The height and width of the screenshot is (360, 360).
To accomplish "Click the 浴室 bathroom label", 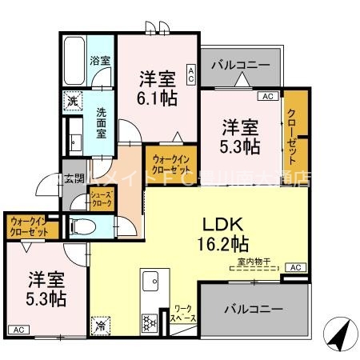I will tap(99, 61).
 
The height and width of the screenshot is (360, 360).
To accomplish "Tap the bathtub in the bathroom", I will tap(75, 60).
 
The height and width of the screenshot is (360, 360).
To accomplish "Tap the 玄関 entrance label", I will tap(74, 178).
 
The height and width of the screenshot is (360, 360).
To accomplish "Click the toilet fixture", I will tap(80, 226).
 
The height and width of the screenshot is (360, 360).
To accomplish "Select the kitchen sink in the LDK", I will tap(150, 281).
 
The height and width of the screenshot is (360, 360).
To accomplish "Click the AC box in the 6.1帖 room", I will tap(191, 74).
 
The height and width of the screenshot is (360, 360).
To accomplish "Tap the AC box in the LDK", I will tap(294, 267).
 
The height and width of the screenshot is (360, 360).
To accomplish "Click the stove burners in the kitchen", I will tap(149, 323).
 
